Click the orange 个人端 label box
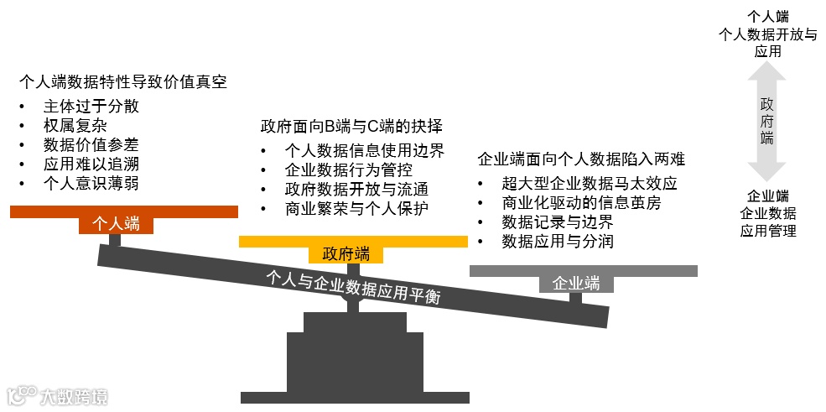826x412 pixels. point(116,224)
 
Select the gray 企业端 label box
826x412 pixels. point(576,283)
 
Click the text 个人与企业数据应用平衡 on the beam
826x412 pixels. point(353,286)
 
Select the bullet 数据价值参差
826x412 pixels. point(91,144)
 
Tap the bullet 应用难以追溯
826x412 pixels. point(91,164)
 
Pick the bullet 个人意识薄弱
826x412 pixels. point(91,183)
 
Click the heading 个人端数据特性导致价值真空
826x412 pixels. point(123,82)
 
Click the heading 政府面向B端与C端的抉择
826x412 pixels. point(351,128)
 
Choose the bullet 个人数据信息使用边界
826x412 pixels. point(364,152)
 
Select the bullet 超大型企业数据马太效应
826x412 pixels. point(589,183)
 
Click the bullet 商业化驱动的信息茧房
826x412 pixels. point(582,202)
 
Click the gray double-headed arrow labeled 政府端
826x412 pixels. point(766,122)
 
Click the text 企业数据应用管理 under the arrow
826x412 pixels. point(767,222)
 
